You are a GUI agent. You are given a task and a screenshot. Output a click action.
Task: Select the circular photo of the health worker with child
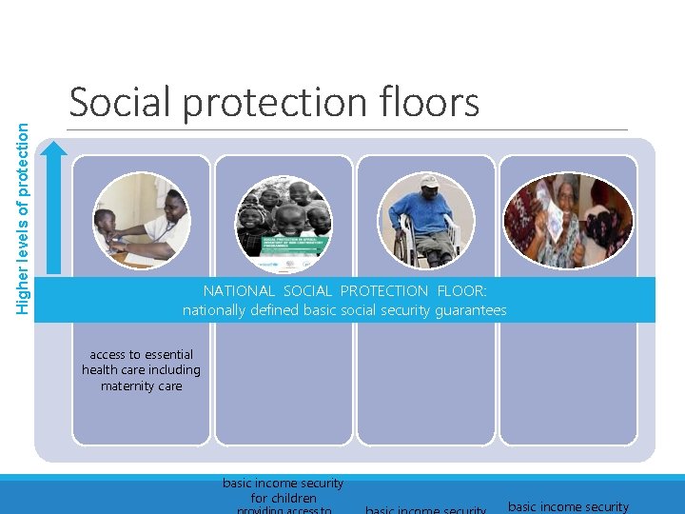142,223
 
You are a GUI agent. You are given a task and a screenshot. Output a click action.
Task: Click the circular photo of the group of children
284,223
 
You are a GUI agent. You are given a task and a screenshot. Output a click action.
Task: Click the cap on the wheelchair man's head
429,181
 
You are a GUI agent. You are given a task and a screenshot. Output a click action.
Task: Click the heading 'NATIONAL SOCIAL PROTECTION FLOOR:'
344,290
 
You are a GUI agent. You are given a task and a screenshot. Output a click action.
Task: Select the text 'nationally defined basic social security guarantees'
344,310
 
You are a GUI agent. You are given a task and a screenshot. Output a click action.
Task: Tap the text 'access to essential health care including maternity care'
141,370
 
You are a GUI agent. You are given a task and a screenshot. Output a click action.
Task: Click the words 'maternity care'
141,386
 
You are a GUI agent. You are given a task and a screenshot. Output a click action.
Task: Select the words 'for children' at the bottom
284,498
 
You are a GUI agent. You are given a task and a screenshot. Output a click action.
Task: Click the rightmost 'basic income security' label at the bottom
568,506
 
